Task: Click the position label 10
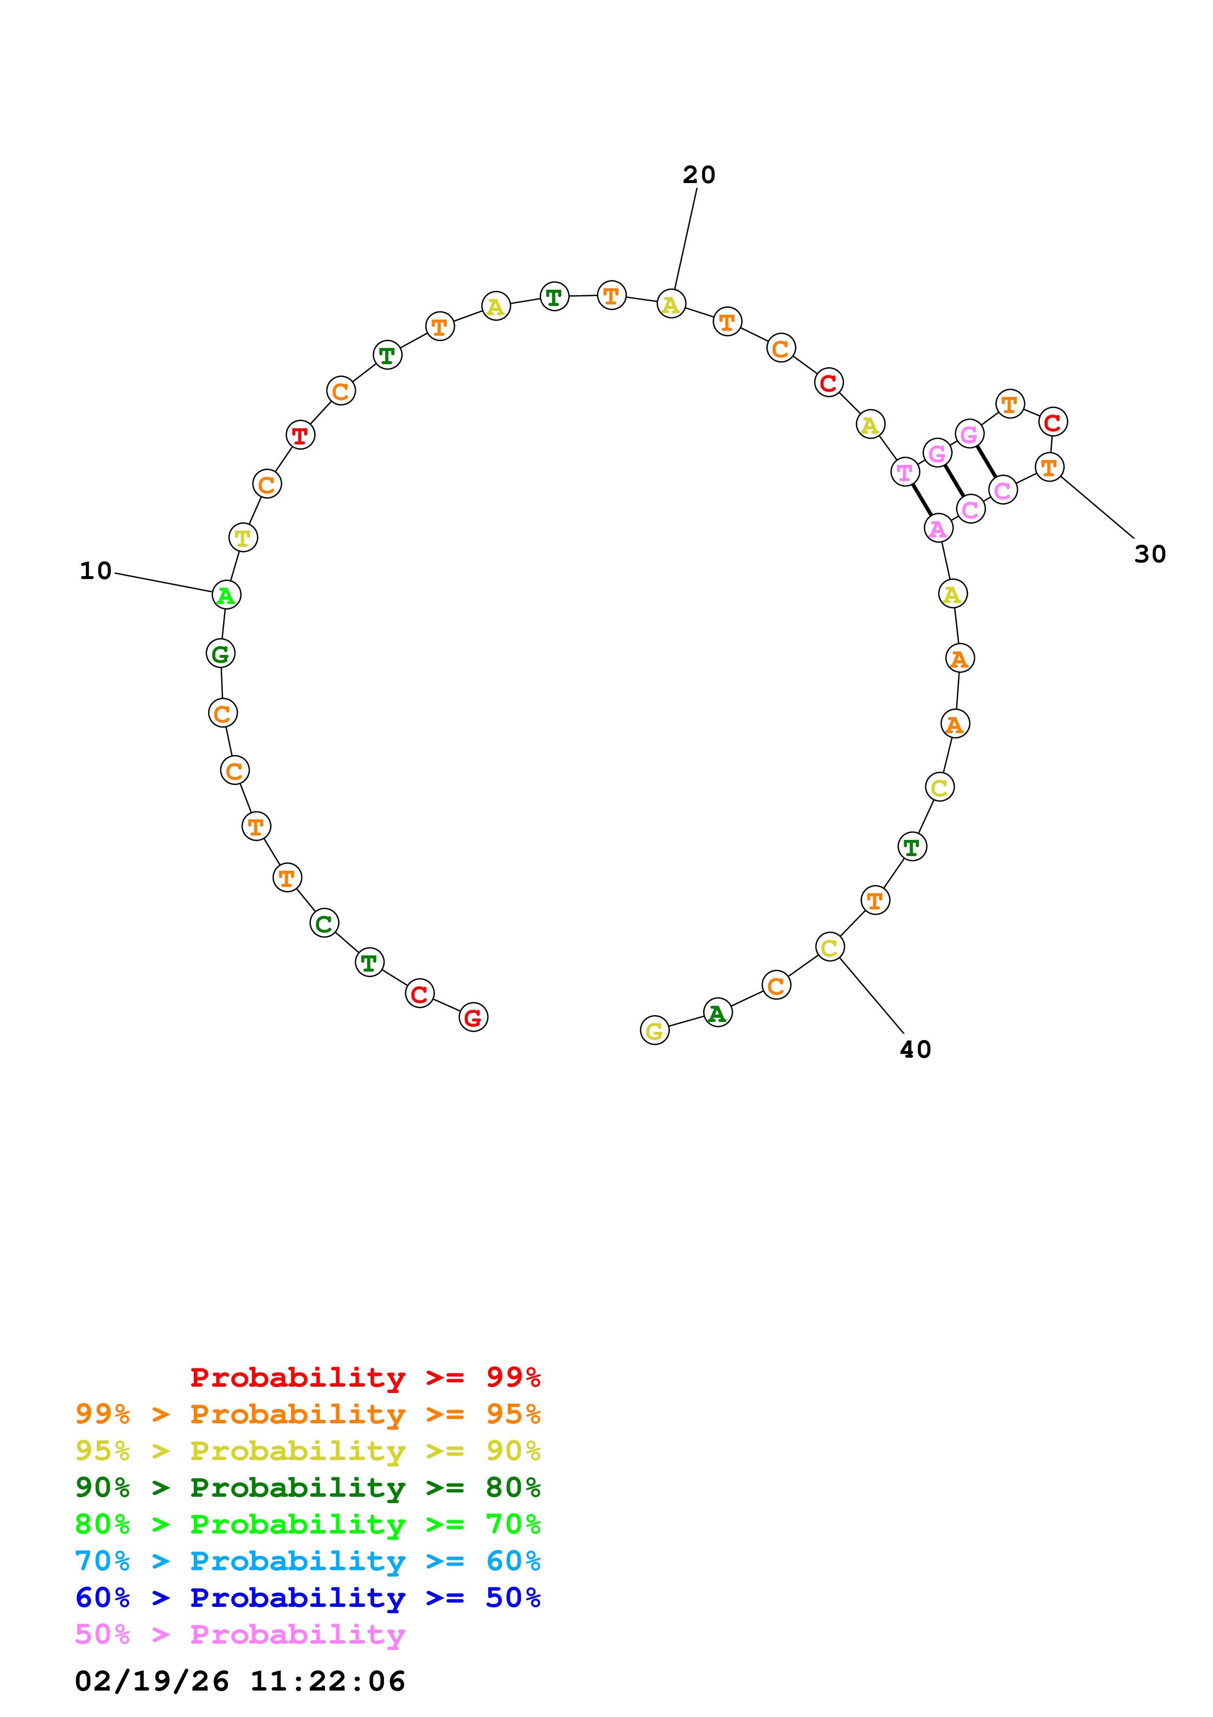(x=96, y=571)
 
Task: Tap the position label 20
(x=699, y=175)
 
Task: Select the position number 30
(x=1149, y=554)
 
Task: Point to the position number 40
(x=915, y=1049)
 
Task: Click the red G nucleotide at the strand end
(x=473, y=1017)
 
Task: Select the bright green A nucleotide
(x=226, y=595)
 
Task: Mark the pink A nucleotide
(x=938, y=528)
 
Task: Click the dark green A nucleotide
(x=717, y=1013)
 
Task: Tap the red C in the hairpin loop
(x=1053, y=422)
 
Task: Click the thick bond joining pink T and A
(x=921, y=500)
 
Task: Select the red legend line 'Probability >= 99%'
(x=365, y=1377)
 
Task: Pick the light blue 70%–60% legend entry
(x=307, y=1561)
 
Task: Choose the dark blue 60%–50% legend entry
(x=307, y=1598)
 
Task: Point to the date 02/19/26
(x=152, y=1681)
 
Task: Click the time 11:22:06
(x=327, y=1681)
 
